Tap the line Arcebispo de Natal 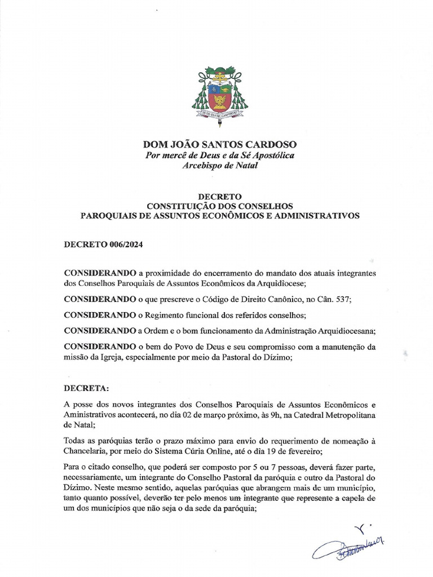[x=219, y=165]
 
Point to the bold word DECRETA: [x=87, y=389]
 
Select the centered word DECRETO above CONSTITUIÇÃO [x=219, y=196]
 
